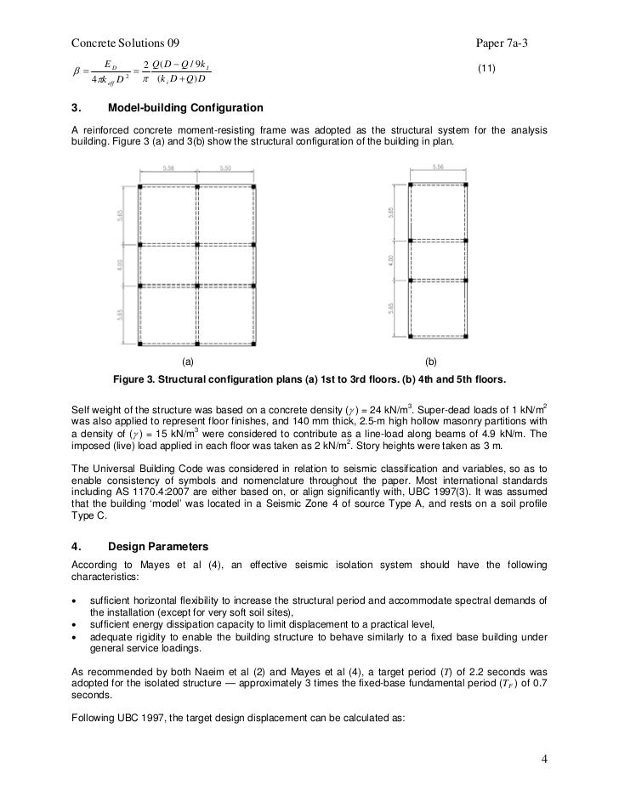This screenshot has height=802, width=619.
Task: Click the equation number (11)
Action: (486, 67)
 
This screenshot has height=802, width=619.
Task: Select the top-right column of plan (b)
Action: (466, 185)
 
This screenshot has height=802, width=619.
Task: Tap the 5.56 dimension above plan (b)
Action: (439, 168)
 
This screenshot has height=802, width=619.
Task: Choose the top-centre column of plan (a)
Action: (197, 185)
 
